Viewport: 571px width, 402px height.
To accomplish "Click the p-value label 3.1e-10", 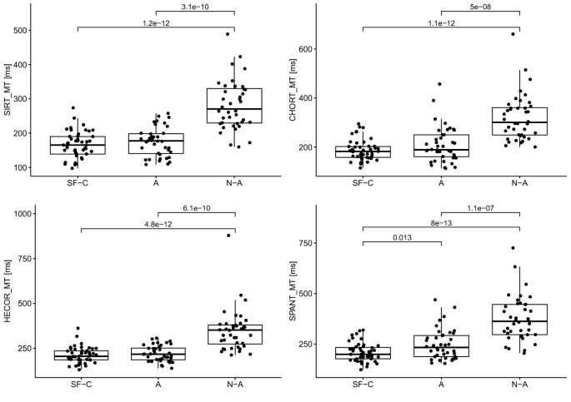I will [197, 7].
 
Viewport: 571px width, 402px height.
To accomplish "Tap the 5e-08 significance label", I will [480, 7].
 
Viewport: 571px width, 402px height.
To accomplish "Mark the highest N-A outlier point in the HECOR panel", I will [228, 236].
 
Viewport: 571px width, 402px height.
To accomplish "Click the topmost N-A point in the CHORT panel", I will [513, 34].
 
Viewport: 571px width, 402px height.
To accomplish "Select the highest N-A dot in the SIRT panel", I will [228, 34].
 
